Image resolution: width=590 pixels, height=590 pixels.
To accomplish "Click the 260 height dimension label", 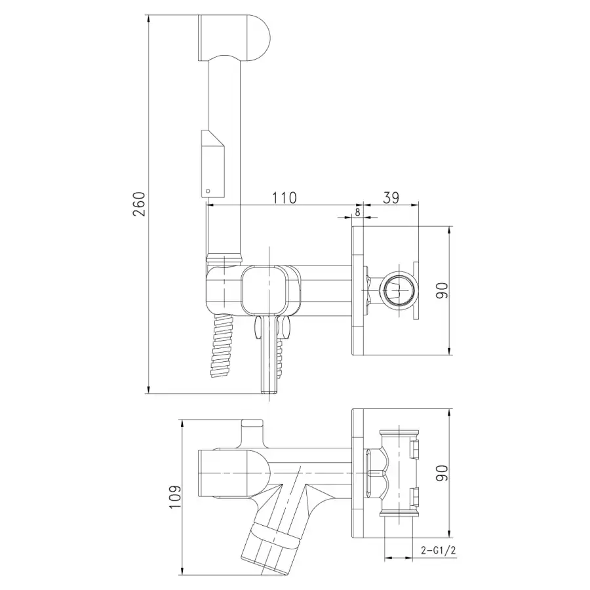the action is coord(139,204).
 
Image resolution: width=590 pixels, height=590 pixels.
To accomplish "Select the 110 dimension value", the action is coord(284,197).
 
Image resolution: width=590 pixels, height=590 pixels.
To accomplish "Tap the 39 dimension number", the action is coord(391,197).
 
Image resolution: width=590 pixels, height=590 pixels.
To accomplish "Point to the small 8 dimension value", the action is coord(357,212).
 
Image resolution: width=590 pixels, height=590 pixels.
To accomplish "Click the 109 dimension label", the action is coord(175,497).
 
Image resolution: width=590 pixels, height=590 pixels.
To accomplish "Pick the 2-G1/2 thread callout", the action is coord(439,551).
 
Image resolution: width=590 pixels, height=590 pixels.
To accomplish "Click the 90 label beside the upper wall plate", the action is coord(442,290).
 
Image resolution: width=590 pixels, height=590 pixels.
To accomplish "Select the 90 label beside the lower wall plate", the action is coord(442,473).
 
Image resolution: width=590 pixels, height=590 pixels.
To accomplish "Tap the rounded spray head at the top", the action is coord(233,37).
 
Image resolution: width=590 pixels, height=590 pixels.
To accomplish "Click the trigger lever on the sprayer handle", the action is coord(213,164).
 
